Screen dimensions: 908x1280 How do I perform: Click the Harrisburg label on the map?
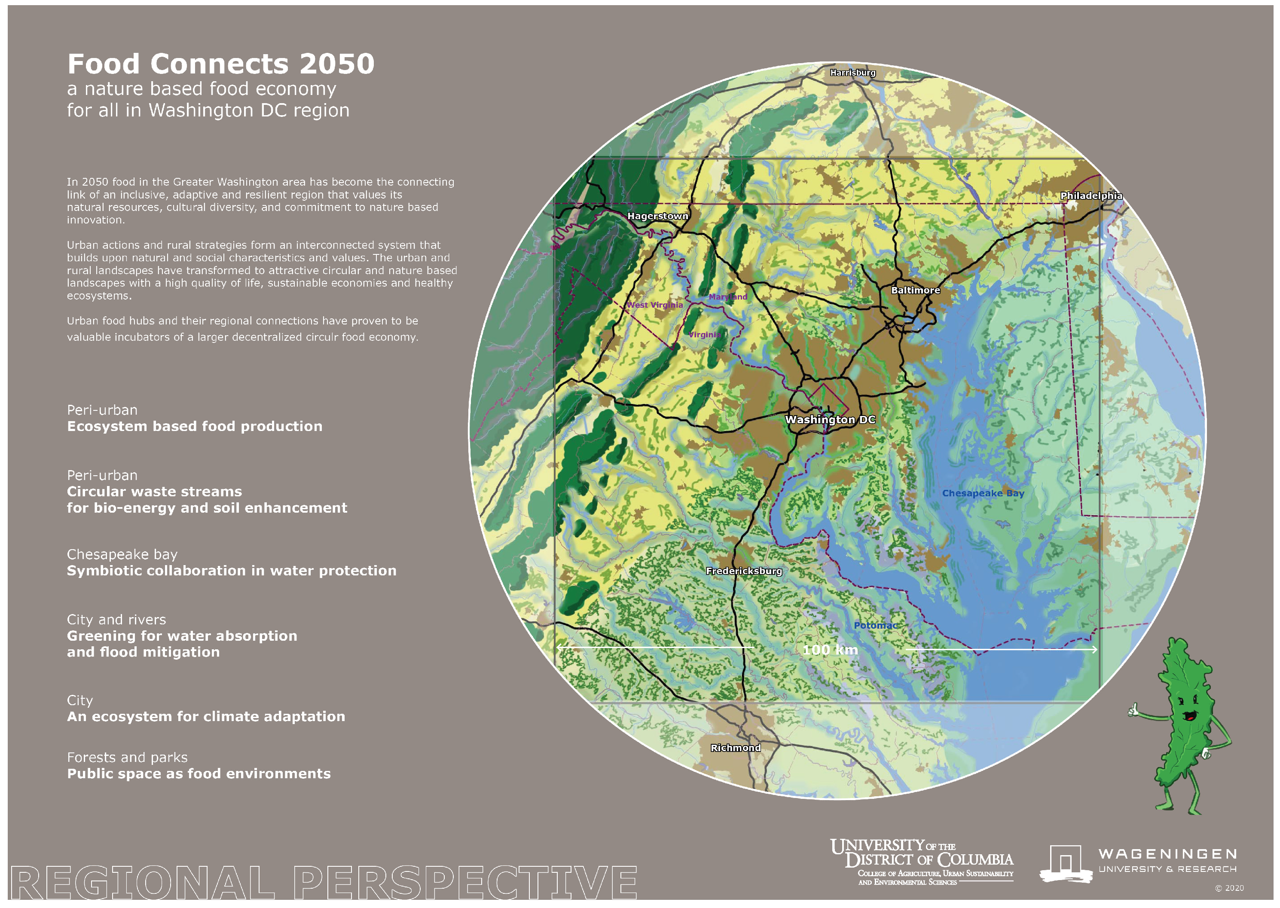(852, 73)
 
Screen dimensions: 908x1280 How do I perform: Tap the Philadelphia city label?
(1091, 196)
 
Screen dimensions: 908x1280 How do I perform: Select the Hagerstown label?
(657, 217)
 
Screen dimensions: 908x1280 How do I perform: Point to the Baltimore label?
(915, 290)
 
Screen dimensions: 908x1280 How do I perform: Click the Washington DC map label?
(830, 420)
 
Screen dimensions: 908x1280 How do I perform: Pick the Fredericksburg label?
(743, 571)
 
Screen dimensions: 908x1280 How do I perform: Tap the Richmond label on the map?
(735, 748)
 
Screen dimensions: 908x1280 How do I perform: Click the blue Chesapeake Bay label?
(983, 493)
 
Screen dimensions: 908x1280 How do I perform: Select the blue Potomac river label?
(875, 626)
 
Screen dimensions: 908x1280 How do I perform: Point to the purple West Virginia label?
(654, 305)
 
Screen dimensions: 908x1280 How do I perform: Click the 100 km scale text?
(830, 650)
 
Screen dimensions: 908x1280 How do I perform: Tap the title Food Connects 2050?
(221, 64)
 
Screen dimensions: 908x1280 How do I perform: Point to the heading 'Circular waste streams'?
(154, 492)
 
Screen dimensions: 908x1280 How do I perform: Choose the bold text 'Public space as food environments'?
(199, 774)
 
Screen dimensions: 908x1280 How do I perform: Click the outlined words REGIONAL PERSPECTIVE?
(323, 882)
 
